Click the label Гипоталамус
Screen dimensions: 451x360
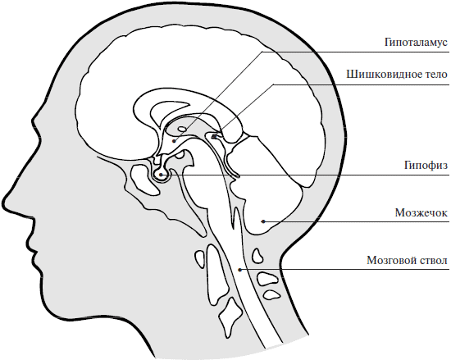[417, 43]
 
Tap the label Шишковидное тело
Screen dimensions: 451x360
[397, 75]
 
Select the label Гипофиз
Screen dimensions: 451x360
[426, 166]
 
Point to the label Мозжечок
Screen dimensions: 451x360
[421, 212]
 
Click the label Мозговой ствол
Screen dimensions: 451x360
[408, 260]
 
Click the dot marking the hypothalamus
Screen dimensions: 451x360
[174, 141]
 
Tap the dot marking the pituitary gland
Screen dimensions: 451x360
[161, 175]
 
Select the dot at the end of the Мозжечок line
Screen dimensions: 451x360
[263, 221]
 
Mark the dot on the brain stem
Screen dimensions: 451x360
[239, 270]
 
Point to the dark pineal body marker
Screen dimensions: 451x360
[214, 136]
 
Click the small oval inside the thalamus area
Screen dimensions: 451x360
[182, 129]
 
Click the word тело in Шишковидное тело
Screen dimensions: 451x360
[436, 75]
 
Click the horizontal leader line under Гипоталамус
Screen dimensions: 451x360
[356, 52]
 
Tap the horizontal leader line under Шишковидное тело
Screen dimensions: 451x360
[362, 84]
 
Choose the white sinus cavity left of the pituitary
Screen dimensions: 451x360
[143, 179]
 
